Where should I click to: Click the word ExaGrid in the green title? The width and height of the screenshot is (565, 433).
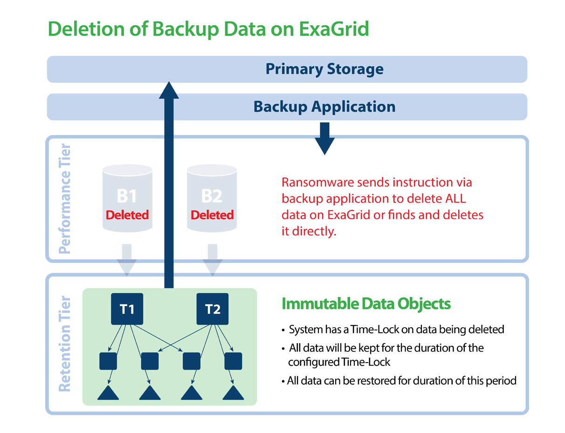pyautogui.click(x=334, y=28)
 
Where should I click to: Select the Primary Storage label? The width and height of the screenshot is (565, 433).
pyautogui.click(x=324, y=69)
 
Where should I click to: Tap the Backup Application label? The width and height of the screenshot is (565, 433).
pyautogui.click(x=324, y=107)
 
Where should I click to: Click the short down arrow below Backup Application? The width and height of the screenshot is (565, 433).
pyautogui.click(x=324, y=138)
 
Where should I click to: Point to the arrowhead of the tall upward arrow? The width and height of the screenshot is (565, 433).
pyautogui.click(x=169, y=90)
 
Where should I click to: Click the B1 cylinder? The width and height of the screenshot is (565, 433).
pyautogui.click(x=127, y=198)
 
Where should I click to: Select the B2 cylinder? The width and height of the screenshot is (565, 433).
pyautogui.click(x=212, y=198)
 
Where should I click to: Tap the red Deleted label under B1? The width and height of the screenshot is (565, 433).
pyautogui.click(x=127, y=215)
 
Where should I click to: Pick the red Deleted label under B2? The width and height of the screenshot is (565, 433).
pyautogui.click(x=212, y=215)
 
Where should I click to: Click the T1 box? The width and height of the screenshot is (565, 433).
pyautogui.click(x=127, y=309)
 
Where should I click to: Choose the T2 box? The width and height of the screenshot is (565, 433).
pyautogui.click(x=213, y=309)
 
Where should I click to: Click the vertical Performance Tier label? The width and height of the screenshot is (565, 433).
pyautogui.click(x=64, y=198)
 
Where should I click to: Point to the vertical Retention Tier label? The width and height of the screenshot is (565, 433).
pyautogui.click(x=64, y=344)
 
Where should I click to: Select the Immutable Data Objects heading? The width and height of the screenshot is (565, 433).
pyautogui.click(x=366, y=303)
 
